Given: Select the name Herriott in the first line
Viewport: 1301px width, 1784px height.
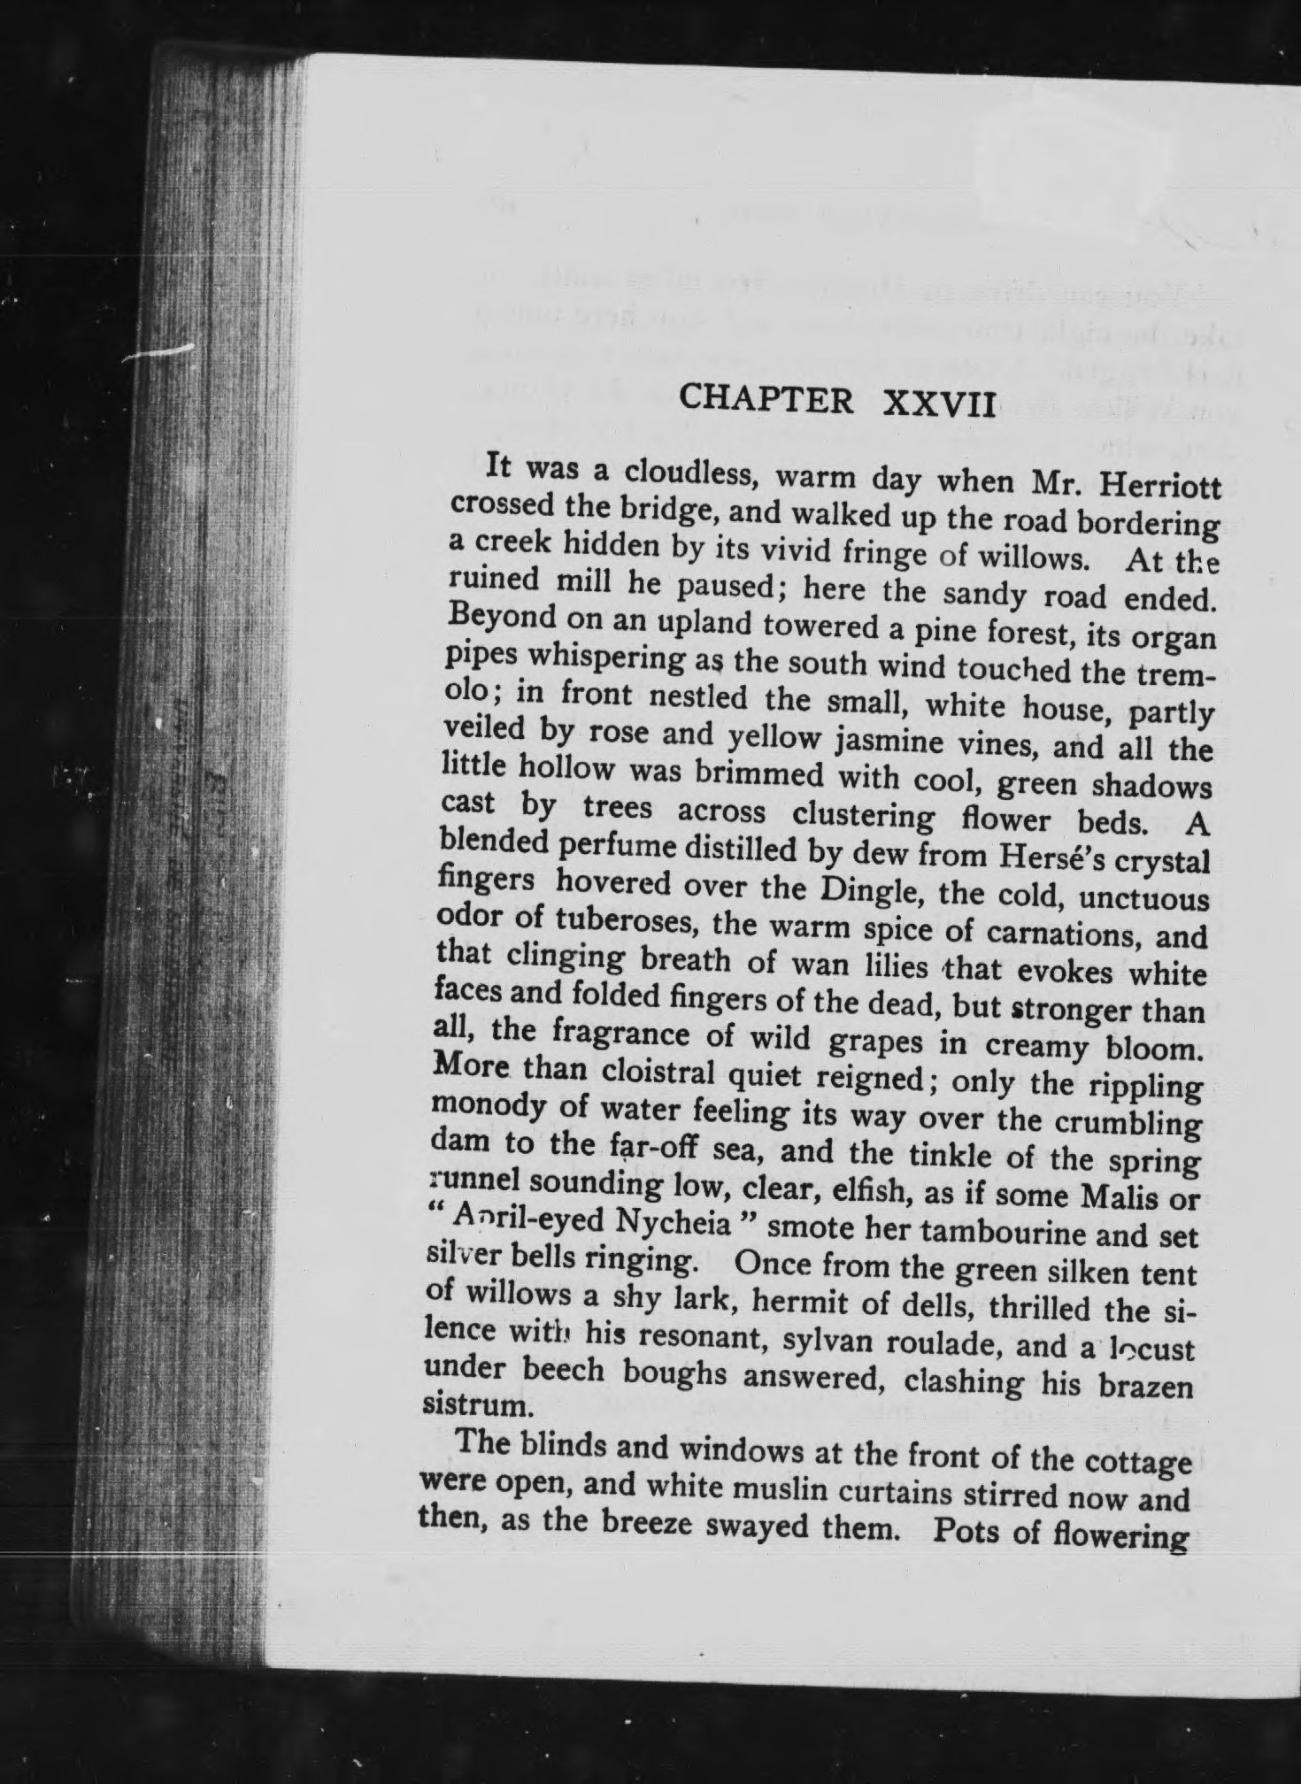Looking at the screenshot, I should (1160, 488).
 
